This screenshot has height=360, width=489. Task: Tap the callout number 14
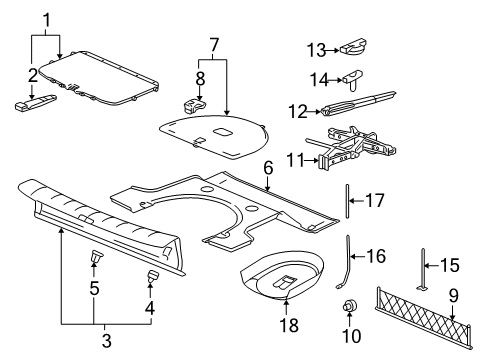coord(317,78)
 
